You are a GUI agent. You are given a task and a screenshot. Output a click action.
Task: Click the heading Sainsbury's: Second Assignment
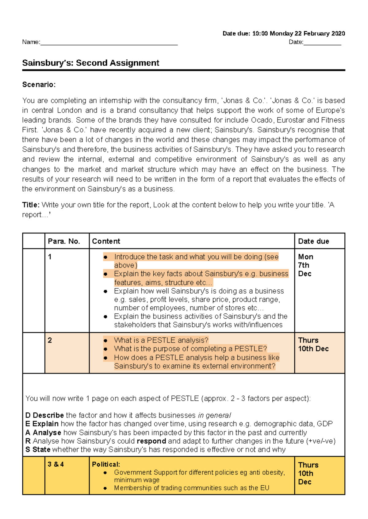(90, 63)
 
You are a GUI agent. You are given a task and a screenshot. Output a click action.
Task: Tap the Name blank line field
(109, 43)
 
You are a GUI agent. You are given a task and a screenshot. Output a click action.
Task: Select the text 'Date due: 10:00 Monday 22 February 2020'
(284, 33)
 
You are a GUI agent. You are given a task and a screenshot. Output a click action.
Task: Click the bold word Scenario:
(39, 85)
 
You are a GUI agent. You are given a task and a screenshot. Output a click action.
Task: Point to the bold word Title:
(31, 205)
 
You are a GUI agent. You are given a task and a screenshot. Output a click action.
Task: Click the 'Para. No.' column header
(64, 241)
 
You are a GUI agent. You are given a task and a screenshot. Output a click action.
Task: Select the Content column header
(106, 241)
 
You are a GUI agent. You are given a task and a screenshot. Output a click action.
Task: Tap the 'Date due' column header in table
(313, 241)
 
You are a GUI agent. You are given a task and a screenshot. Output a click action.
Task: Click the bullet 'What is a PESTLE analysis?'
(161, 340)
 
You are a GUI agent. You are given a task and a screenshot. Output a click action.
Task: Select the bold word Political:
(106, 464)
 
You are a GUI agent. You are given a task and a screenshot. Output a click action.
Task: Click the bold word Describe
(48, 415)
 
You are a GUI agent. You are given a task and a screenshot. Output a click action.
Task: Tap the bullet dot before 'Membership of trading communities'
(105, 488)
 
